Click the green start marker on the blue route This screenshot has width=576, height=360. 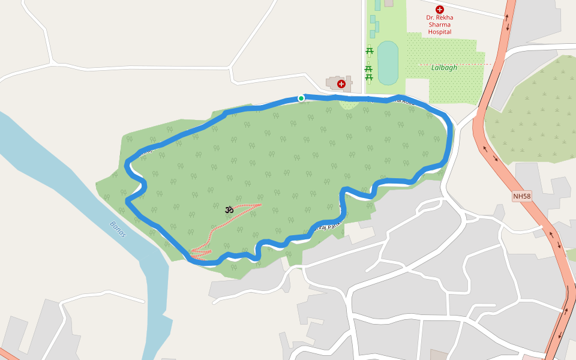(301, 98)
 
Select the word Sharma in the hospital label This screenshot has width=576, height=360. (440, 25)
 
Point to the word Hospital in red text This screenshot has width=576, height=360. (440, 32)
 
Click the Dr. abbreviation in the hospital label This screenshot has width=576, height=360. (430, 18)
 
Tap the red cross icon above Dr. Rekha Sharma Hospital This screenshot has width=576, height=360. (440, 10)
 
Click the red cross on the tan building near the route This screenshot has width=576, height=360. (341, 84)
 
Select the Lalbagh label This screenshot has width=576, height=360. (444, 68)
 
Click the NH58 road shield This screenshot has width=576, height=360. (522, 196)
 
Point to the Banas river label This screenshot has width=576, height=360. (118, 229)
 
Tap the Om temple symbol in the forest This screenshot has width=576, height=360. (229, 209)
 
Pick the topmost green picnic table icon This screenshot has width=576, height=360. (370, 50)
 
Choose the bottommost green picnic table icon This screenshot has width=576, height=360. (369, 77)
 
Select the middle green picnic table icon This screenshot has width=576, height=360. (369, 69)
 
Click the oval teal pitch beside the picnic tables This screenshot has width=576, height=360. (388, 63)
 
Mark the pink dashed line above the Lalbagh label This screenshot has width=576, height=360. (456, 64)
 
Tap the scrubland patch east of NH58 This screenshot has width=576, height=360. (534, 120)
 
